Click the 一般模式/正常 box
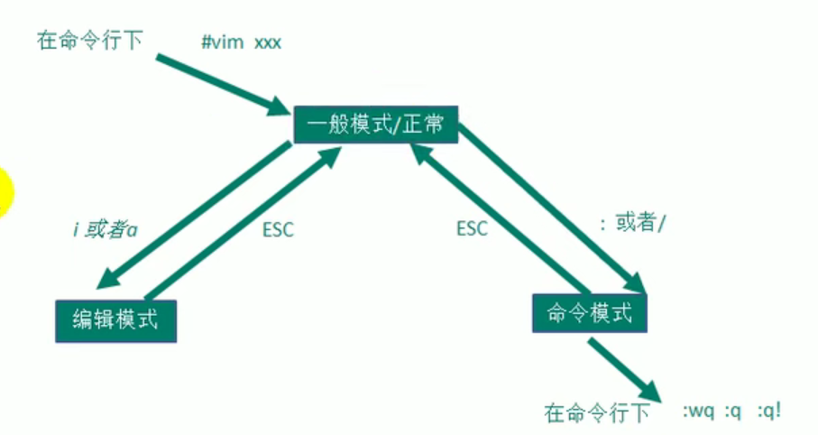pos(376,124)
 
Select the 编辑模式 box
pos(115,319)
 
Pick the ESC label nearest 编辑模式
pos(278,230)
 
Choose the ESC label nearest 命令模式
pos(471,228)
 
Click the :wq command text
pos(700,412)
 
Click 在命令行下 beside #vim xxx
pos(89,42)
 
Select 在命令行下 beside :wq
pos(597,413)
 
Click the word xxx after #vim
pos(268,42)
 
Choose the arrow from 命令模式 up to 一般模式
pos(505,221)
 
